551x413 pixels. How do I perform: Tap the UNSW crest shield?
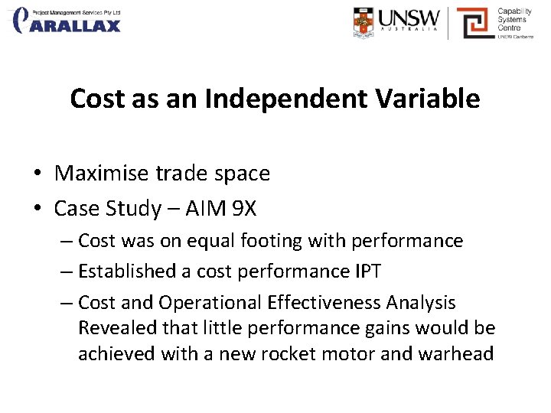[365, 22]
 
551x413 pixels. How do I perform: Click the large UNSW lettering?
[409, 18]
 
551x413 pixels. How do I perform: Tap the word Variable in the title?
[439, 99]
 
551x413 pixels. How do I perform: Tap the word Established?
[129, 272]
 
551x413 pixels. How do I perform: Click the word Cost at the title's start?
[96, 99]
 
